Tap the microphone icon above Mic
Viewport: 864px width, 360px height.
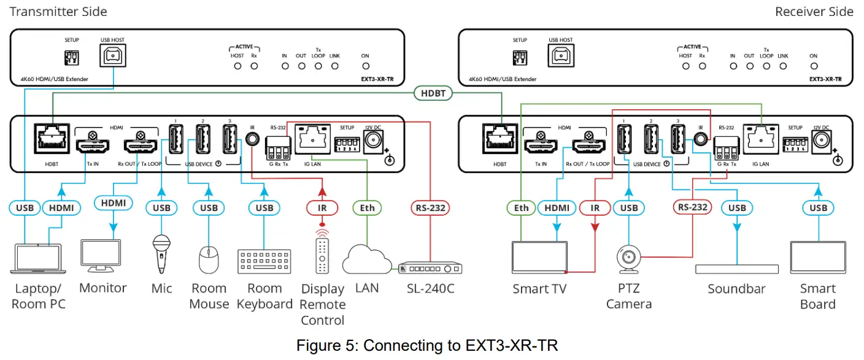[161, 253]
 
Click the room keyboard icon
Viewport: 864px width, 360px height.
[264, 261]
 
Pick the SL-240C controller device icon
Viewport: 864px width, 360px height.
[430, 269]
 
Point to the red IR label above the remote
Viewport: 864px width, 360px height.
[322, 208]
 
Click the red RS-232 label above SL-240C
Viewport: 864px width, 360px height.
[429, 208]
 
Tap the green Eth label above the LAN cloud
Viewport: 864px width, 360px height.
[367, 208]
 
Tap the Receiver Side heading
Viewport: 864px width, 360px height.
[814, 12]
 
